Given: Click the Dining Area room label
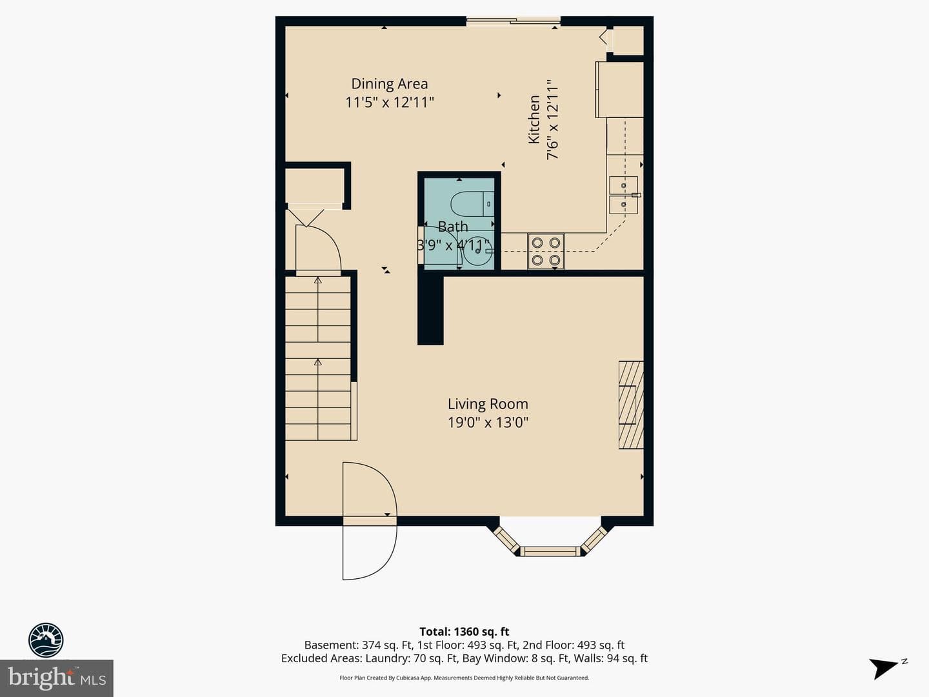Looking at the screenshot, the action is pyautogui.click(x=390, y=84).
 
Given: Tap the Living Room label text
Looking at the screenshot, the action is pyautogui.click(x=488, y=404).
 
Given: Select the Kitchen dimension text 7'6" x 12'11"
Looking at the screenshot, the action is pyautogui.click(x=553, y=120).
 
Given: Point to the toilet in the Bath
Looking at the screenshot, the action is pyautogui.click(x=472, y=204).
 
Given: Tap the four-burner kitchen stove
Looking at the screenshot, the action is pyautogui.click(x=546, y=251).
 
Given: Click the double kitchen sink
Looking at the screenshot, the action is pyautogui.click(x=623, y=195).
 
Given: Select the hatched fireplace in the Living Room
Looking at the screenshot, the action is pyautogui.click(x=631, y=405).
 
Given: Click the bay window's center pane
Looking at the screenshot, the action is pyautogui.click(x=550, y=551).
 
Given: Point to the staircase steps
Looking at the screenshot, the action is pyautogui.click(x=318, y=358).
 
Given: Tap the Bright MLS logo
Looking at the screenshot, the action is pyautogui.click(x=57, y=678).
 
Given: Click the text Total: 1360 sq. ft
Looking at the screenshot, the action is pyautogui.click(x=464, y=632).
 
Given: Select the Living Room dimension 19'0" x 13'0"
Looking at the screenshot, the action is pyautogui.click(x=488, y=422).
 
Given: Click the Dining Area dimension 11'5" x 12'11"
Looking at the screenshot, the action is pyautogui.click(x=390, y=103).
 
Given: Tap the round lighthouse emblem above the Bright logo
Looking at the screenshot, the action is pyautogui.click(x=46, y=640).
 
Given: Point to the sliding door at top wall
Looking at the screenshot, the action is pyautogui.click(x=514, y=19).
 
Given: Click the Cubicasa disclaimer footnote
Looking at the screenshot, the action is pyautogui.click(x=464, y=678).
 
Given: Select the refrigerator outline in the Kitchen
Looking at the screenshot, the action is pyautogui.click(x=620, y=90).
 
